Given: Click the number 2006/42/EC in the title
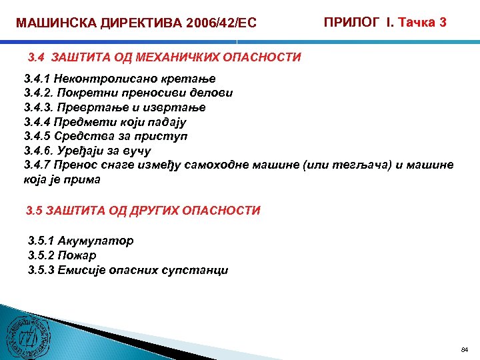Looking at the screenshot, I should [x=213, y=24].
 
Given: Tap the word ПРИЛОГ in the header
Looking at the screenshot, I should [x=349, y=23].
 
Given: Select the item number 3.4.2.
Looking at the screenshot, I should [x=37, y=93].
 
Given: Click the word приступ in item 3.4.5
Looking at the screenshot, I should [x=164, y=137].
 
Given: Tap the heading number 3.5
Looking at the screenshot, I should [x=35, y=211].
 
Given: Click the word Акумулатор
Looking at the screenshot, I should [x=96, y=241].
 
